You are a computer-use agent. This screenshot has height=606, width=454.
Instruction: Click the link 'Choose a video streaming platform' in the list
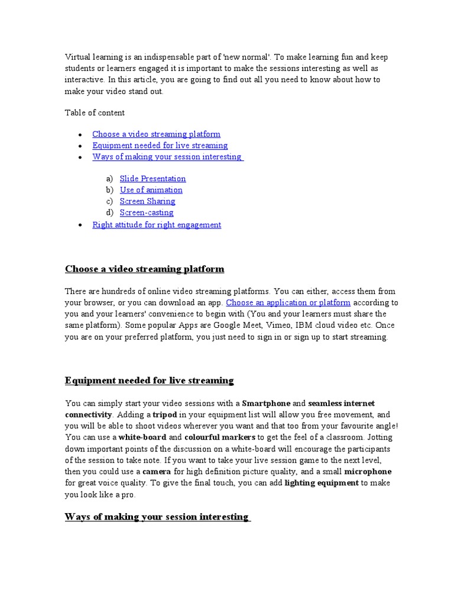(156, 134)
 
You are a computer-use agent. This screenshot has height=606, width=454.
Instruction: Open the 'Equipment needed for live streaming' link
(160, 146)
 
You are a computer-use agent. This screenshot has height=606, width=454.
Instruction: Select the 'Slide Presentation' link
(153, 179)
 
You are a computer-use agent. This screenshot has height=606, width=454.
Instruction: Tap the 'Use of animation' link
(151, 190)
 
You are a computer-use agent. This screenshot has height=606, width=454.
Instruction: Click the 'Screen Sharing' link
(147, 201)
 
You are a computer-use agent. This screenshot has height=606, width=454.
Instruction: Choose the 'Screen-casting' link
(147, 212)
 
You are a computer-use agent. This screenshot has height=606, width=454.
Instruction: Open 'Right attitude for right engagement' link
(157, 225)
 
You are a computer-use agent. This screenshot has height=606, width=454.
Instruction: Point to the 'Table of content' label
(95, 112)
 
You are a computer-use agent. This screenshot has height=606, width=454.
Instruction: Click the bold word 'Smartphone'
(266, 404)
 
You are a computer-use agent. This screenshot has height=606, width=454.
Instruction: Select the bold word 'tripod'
(165, 415)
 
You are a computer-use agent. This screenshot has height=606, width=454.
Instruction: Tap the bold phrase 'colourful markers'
(224, 437)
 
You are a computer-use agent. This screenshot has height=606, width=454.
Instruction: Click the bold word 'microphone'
(368, 472)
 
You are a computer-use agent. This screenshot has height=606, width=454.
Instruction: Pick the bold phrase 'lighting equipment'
(321, 483)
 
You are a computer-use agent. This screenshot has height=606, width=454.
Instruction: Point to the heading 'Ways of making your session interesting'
(157, 517)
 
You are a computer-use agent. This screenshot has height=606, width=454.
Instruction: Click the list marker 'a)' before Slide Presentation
(109, 179)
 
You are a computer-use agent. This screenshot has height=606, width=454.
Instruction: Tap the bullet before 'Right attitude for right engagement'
(80, 225)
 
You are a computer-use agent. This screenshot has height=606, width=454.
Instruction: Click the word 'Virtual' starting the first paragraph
(77, 57)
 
